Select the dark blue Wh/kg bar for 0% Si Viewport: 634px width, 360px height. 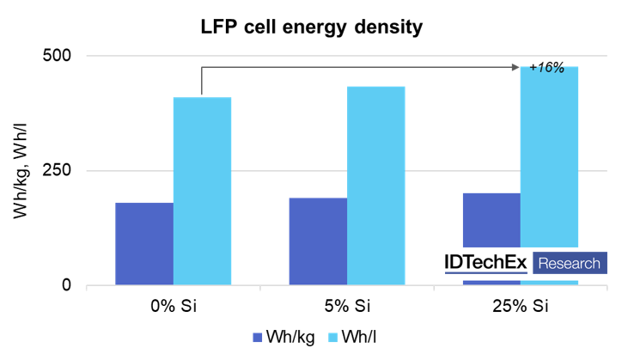144,244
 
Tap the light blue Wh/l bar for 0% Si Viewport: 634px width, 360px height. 202,191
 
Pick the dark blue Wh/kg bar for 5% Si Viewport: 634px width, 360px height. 318,241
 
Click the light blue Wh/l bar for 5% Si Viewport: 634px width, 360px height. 375,186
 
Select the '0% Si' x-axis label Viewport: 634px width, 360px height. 173,307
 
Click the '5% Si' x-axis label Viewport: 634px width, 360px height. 346,307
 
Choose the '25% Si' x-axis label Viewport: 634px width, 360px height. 520,307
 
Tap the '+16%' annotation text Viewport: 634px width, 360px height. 546,67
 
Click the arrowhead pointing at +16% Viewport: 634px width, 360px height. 515,65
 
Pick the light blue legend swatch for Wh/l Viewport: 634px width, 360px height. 333,339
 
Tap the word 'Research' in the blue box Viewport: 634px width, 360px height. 570,262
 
